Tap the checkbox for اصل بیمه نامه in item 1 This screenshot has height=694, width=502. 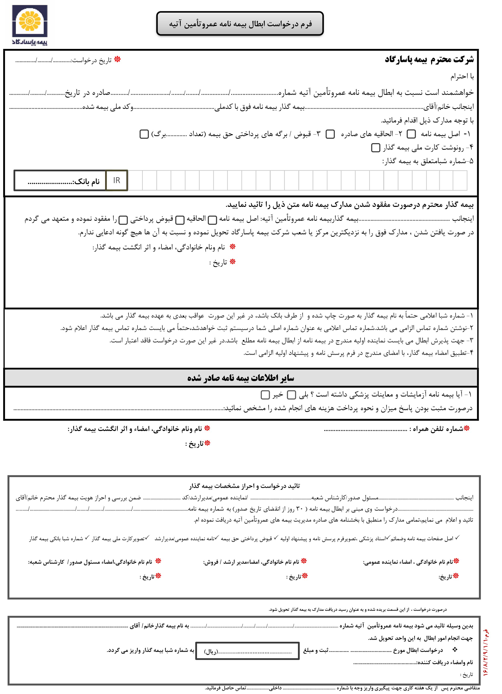click(x=411, y=134)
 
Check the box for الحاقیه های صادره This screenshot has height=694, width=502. click(x=330, y=134)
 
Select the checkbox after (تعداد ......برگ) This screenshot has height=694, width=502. click(x=144, y=134)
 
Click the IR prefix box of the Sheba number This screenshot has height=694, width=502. click(x=117, y=181)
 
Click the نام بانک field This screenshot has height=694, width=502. click(x=60, y=181)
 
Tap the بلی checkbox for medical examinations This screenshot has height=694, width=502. click(x=291, y=395)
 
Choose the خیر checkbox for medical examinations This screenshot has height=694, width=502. click(x=265, y=395)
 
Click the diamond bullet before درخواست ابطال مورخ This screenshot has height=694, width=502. click(x=455, y=649)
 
